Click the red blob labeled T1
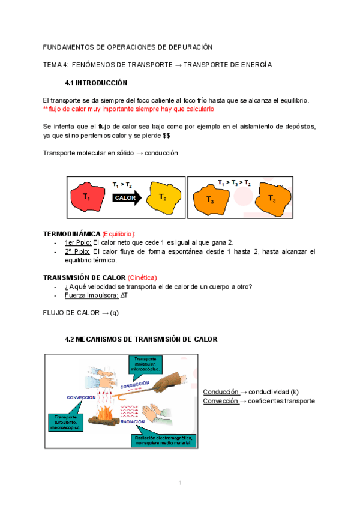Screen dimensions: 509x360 [88, 196]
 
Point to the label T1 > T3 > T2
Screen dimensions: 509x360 [234, 182]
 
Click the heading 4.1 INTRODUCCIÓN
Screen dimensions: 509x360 [96, 82]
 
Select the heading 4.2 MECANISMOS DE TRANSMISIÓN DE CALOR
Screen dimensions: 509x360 [141, 339]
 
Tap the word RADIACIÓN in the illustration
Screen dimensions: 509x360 [133, 422]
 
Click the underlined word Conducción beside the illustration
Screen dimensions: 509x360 [221, 391]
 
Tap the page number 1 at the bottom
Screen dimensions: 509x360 [179, 484]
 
